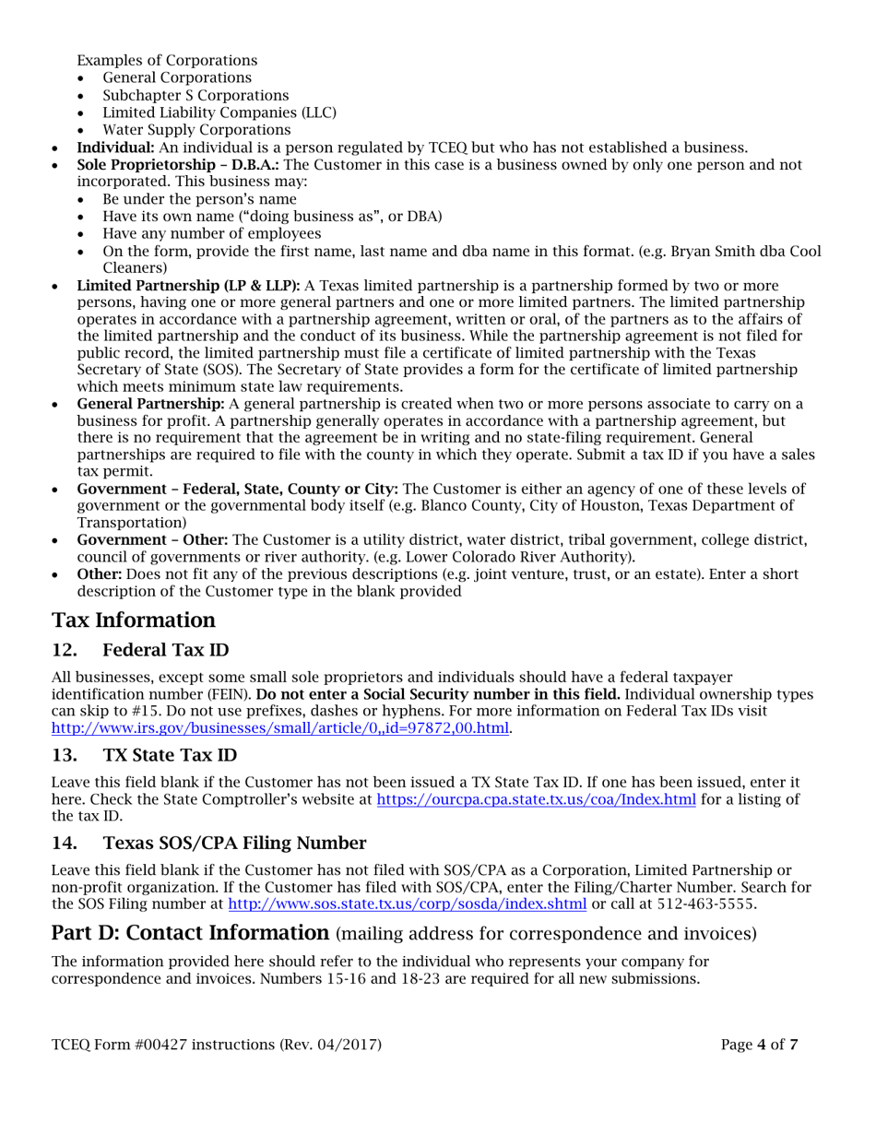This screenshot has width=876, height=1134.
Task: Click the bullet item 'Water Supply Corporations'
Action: click(196, 130)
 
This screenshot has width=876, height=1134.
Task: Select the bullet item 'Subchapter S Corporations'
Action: click(195, 95)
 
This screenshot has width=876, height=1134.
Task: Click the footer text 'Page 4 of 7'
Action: click(760, 1045)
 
